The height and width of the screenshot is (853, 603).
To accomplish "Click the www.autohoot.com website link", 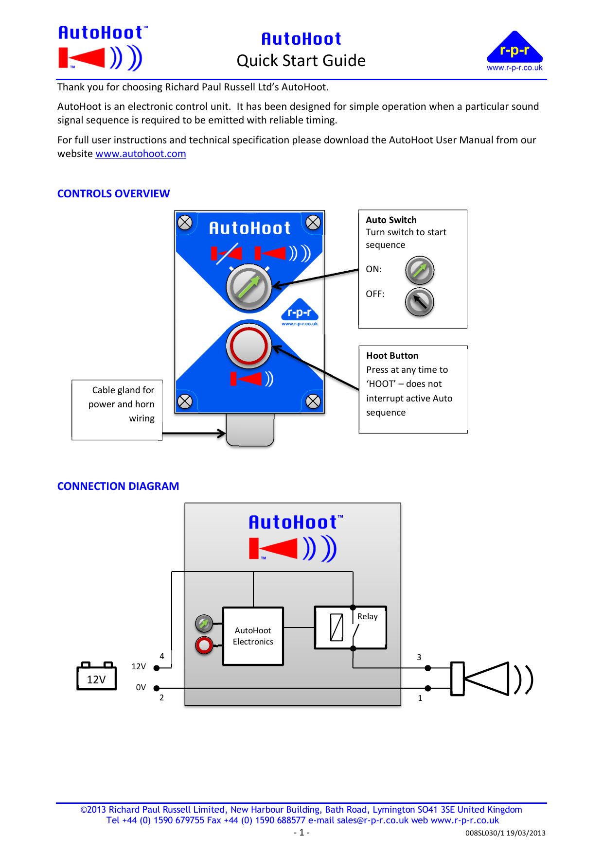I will [x=141, y=154].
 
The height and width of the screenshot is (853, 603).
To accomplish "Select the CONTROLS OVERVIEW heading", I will [x=113, y=194].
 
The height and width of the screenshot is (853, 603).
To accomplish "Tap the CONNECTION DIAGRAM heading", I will [x=118, y=487].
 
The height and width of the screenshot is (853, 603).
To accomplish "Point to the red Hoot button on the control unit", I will [x=248, y=346].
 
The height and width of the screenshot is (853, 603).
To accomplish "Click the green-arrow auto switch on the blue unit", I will [x=248, y=287].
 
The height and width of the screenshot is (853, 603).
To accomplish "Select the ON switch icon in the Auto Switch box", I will [x=420, y=270].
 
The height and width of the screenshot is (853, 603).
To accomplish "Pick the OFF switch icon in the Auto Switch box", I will [x=419, y=302].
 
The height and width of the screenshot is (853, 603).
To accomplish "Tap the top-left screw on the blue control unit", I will [x=185, y=223].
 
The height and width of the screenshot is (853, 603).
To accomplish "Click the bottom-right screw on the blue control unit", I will [x=313, y=401].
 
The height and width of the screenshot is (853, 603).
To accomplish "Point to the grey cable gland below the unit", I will [x=250, y=430].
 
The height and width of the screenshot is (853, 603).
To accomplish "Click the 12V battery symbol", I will [x=96, y=677].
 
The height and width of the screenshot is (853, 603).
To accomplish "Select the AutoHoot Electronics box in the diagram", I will [x=253, y=636].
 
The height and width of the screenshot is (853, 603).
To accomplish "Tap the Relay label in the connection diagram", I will [x=368, y=617].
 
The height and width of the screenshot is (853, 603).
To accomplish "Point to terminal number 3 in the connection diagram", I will [x=419, y=657].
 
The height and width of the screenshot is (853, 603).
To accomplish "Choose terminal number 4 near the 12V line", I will [x=162, y=656].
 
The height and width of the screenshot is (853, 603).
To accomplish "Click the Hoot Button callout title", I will [x=392, y=356].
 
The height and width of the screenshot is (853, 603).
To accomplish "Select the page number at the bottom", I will [x=301, y=833].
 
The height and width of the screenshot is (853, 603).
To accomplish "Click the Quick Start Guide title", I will [x=301, y=61].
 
